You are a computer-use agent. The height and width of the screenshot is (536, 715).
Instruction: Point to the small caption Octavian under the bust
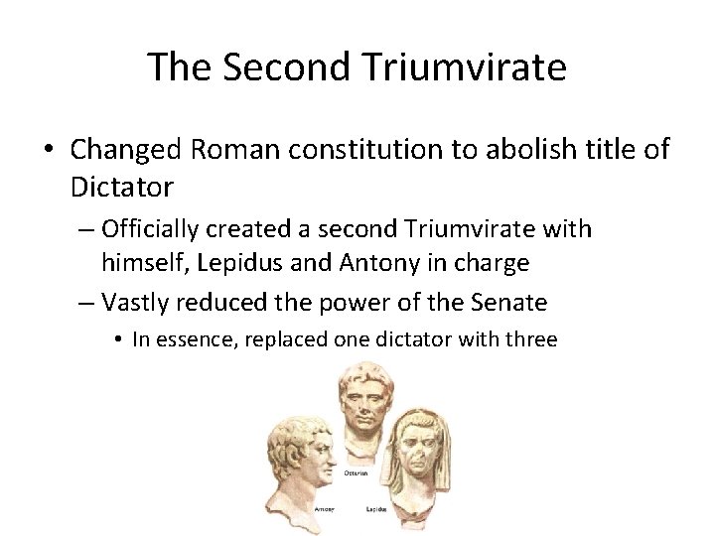coord(357,472)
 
